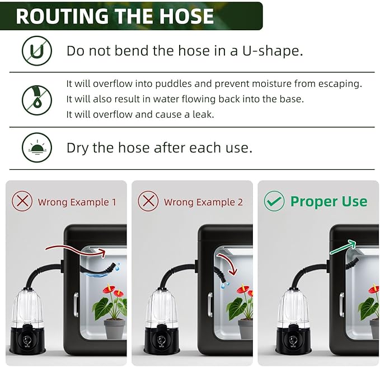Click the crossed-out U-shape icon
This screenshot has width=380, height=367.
pos(37,50)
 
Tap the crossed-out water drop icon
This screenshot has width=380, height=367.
pos(37,100)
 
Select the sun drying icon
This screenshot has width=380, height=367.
pos(37,147)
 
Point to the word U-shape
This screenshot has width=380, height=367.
pos(273,51)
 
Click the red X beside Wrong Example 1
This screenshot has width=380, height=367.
pos(22,201)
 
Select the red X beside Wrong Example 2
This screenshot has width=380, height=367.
pos(148,201)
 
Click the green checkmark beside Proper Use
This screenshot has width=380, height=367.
pos(274,201)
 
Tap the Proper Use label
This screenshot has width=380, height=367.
pos(329,202)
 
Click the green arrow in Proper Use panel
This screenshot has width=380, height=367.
pos(343,247)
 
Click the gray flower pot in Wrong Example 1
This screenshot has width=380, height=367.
pos(114,329)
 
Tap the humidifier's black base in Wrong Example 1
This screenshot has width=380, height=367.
pos(27,338)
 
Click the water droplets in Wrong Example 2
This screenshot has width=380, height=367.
pos(224,285)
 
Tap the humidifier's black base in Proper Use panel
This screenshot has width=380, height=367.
pos(293,338)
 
